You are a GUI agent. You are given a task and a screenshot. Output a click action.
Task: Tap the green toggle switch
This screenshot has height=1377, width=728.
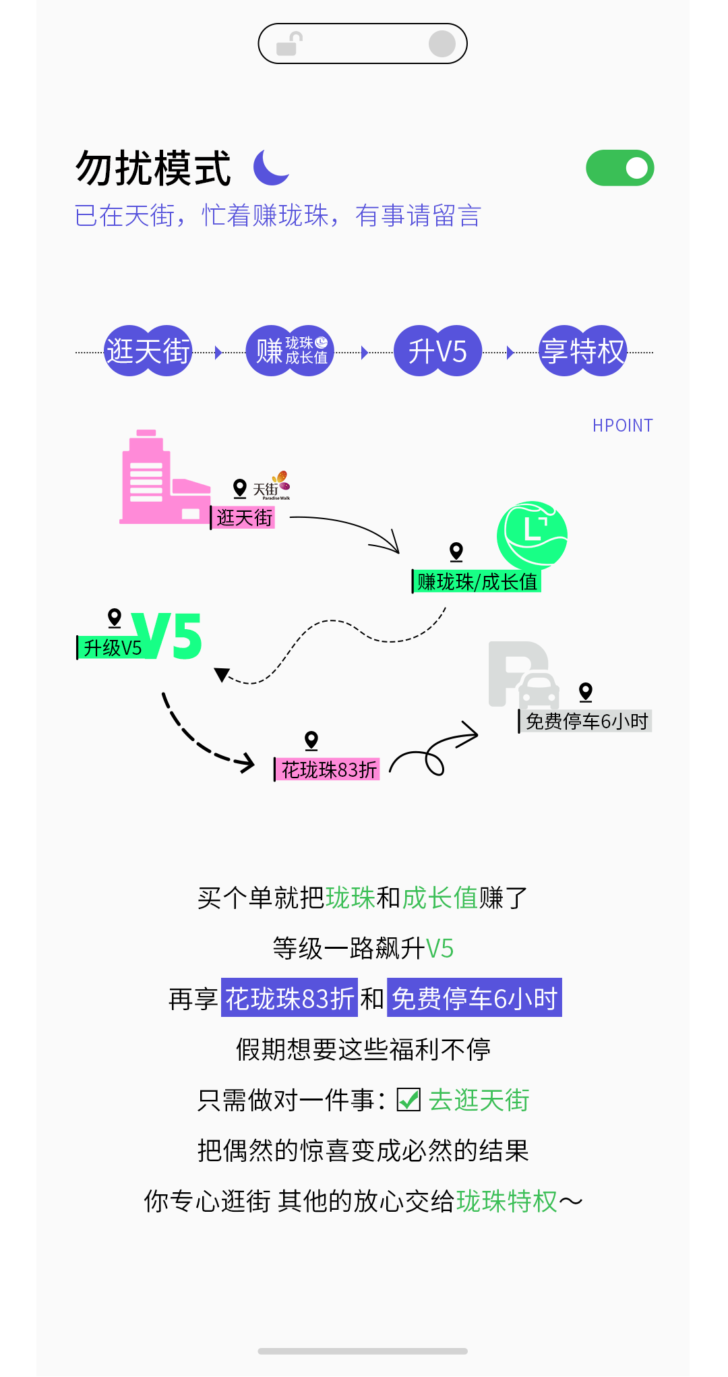click(x=619, y=168)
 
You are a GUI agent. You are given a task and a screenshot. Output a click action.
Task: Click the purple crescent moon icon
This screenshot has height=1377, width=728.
click(x=270, y=168)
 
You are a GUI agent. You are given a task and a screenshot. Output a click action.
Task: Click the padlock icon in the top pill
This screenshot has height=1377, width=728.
click(x=290, y=44)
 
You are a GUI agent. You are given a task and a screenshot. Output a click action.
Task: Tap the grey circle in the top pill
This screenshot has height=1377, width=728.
click(x=442, y=44)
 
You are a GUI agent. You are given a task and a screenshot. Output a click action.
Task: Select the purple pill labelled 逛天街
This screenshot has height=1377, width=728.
click(x=148, y=351)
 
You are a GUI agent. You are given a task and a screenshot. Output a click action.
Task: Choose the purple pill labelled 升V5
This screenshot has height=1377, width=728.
click(x=437, y=351)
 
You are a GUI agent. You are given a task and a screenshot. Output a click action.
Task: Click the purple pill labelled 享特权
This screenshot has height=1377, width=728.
click(x=583, y=351)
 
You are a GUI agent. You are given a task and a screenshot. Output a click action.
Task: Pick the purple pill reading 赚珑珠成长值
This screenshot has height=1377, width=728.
click(x=291, y=351)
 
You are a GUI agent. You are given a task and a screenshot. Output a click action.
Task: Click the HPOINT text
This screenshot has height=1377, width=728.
click(x=622, y=426)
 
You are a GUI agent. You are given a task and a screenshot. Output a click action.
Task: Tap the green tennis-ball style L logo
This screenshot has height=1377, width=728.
click(x=532, y=535)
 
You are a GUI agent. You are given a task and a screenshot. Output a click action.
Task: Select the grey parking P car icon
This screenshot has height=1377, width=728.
click(x=523, y=675)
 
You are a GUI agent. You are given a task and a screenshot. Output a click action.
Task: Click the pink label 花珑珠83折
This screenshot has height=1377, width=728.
click(x=328, y=769)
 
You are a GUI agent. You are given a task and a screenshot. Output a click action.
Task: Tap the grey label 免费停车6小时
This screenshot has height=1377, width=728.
click(x=586, y=722)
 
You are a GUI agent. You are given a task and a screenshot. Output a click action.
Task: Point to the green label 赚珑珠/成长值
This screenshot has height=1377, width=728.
click(x=477, y=581)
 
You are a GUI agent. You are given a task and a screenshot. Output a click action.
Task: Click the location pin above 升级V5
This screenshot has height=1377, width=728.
click(x=115, y=618)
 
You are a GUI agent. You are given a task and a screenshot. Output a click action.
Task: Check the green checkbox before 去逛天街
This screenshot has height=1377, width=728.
click(x=408, y=1100)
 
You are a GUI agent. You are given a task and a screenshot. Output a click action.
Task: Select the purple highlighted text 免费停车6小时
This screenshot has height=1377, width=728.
click(x=475, y=999)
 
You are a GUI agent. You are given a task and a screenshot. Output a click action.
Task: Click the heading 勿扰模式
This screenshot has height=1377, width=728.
click(x=154, y=169)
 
